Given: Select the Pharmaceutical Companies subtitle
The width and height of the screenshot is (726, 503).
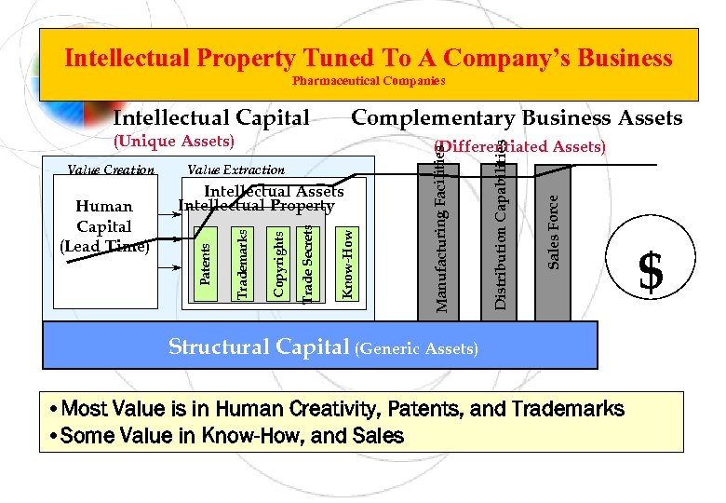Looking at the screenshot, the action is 369,81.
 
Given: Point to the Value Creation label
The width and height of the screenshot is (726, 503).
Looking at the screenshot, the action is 111,170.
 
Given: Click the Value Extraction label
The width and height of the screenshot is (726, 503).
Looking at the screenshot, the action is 235,170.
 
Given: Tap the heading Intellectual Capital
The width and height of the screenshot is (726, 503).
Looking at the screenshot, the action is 210,117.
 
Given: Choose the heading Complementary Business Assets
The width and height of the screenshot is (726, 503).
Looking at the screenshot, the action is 516,117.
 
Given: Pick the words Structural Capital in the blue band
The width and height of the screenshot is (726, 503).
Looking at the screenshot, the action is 259,347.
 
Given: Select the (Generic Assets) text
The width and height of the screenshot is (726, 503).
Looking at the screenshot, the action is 417,349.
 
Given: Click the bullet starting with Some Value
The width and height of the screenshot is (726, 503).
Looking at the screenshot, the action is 229,435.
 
